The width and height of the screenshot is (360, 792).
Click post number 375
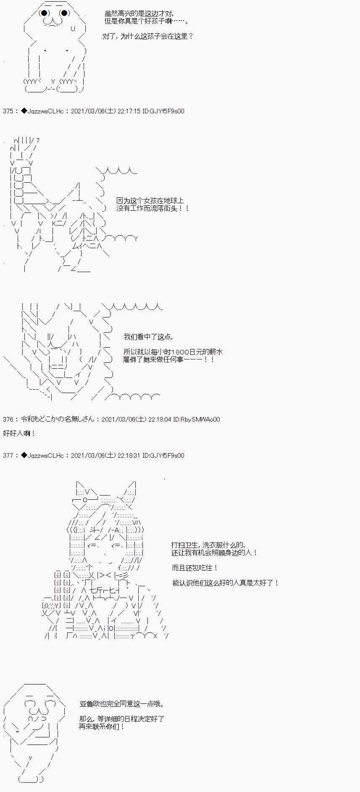click(8, 111)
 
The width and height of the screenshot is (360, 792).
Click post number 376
click(8, 419)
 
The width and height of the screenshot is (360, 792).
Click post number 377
click(8, 455)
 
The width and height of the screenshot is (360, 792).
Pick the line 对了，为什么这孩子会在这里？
click(148, 36)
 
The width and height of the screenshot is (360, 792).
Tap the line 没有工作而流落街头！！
click(153, 208)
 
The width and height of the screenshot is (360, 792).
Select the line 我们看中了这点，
click(148, 337)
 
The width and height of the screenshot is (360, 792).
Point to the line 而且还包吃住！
click(195, 568)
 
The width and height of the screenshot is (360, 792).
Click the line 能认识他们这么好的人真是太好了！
click(226, 583)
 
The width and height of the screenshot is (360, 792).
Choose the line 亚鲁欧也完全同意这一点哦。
click(122, 704)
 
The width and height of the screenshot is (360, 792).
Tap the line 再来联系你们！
click(102, 726)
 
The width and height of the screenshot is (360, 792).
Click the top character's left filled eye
click(44, 13)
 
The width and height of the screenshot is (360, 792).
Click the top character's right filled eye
click(64, 13)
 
